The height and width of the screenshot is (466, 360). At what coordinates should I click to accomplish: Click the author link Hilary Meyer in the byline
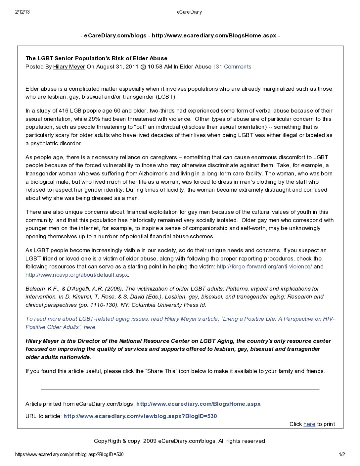coord(69,67)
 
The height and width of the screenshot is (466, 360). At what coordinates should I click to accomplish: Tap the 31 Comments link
coord(233,67)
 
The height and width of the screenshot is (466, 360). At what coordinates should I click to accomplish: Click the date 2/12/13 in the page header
coord(22,12)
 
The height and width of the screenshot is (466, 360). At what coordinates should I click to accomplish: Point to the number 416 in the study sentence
coord(63,111)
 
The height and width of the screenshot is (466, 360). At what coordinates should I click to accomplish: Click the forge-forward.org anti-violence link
coord(264,267)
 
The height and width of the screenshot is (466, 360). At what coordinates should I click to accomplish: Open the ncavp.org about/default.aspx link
coord(77,275)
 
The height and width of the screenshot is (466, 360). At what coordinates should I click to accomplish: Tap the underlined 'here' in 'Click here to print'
coord(309,424)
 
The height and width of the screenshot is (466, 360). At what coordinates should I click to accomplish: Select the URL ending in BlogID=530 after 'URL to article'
coord(140,416)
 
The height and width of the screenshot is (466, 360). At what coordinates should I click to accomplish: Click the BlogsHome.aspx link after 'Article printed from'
coord(198,404)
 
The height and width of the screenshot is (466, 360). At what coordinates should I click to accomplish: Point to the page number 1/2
coord(342,455)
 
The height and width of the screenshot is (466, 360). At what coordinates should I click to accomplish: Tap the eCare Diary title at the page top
coord(189,12)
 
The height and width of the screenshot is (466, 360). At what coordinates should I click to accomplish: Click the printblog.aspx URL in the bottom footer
coord(69,455)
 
